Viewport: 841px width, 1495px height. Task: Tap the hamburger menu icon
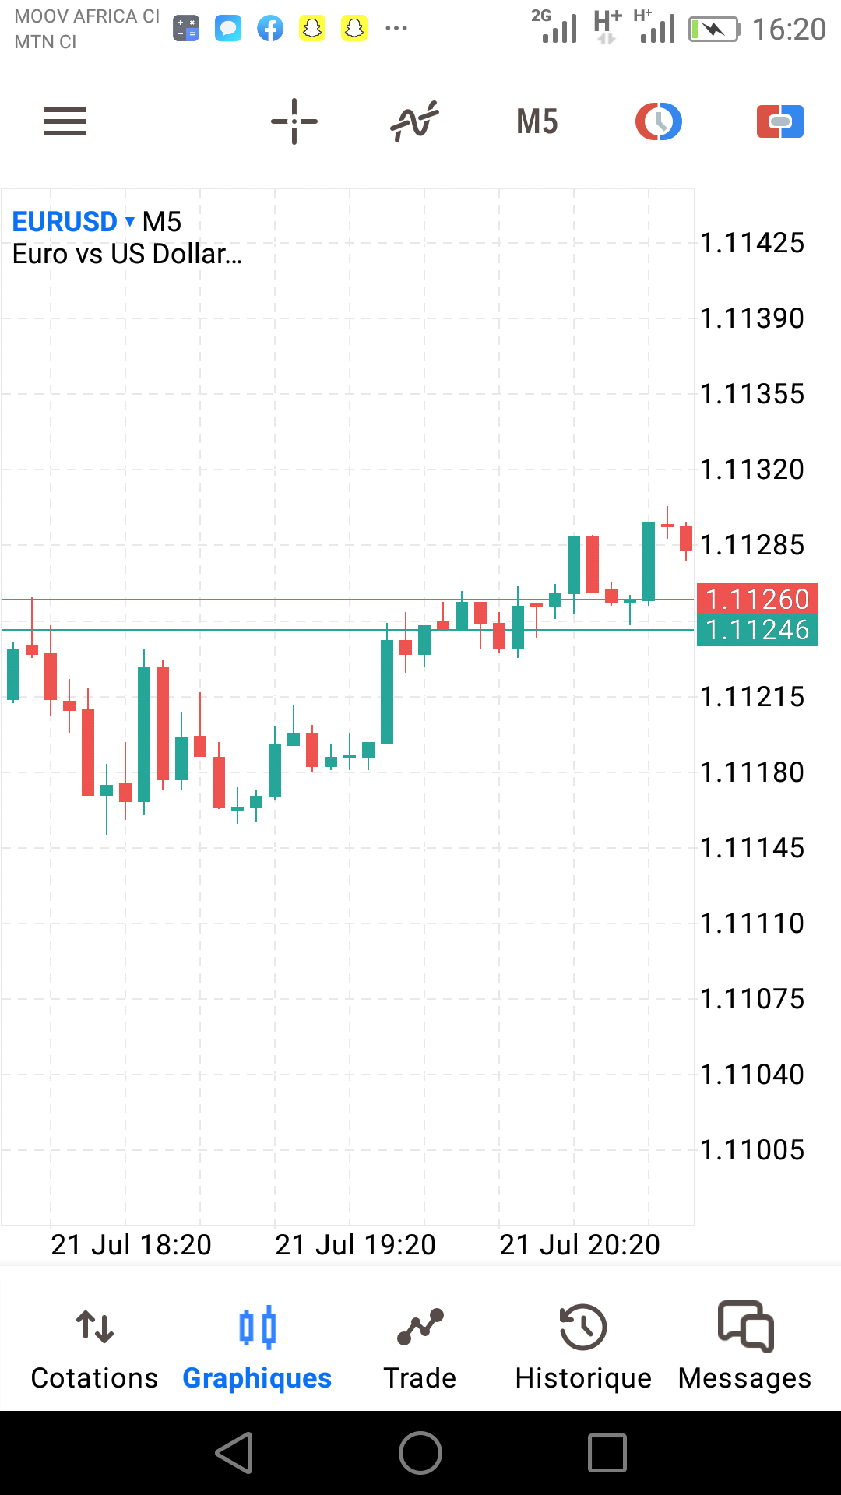[x=65, y=121]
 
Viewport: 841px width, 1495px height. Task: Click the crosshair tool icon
[x=294, y=121]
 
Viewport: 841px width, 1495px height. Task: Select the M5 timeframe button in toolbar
[x=537, y=121]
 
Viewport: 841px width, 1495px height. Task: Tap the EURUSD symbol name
[x=65, y=222]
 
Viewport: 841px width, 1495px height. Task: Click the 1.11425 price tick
[x=752, y=243]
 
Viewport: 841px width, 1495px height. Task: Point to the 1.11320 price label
[x=752, y=470]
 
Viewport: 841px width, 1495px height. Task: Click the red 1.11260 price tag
[x=757, y=599]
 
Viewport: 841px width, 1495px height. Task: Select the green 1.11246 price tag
[x=757, y=630]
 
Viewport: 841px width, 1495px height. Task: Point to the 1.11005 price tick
[x=752, y=1150]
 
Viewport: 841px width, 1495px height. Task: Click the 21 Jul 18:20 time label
[x=131, y=1245]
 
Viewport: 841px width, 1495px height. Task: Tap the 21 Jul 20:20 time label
[x=579, y=1245]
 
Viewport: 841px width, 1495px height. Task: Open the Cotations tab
[x=94, y=1347]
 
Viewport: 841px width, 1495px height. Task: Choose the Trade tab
[x=420, y=1347]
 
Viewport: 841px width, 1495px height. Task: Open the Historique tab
[x=583, y=1347]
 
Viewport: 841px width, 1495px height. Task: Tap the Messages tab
[x=745, y=1347]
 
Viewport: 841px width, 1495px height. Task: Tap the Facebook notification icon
[x=270, y=30]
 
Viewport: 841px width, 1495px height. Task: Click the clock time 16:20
[x=789, y=30]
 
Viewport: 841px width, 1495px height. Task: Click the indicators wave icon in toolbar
[x=414, y=121]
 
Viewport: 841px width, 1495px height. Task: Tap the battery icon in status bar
[x=713, y=30]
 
